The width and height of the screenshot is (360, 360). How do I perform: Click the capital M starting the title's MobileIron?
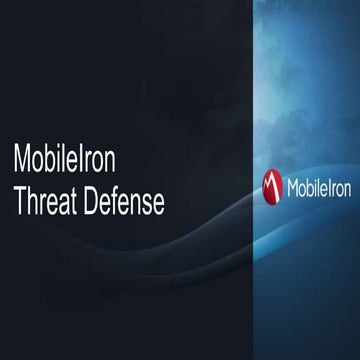coord(24,159)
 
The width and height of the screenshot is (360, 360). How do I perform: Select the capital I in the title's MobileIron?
coord(87,159)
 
